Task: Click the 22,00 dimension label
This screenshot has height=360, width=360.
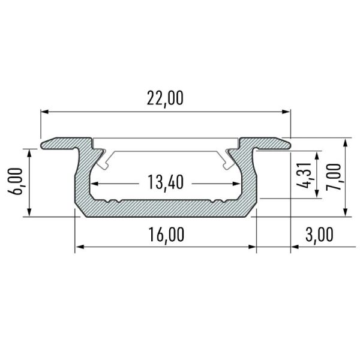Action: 164,98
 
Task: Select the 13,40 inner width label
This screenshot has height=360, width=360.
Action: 164,181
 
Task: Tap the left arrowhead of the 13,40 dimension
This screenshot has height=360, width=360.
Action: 95,183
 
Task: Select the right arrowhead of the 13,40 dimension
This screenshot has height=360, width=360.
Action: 234,183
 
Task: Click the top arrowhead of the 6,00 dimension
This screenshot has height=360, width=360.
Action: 28,151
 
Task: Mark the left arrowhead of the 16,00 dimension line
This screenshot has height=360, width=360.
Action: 78,246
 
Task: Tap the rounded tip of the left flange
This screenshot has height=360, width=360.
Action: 44,143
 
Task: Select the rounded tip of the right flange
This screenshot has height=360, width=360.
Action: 287,143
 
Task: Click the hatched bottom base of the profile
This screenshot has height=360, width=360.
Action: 165,207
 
